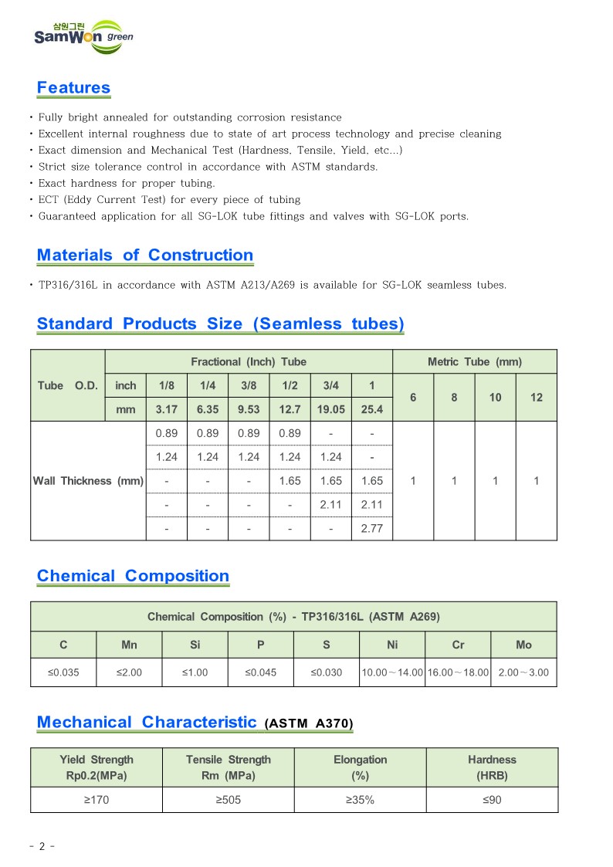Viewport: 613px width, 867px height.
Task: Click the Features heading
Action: pos(73,88)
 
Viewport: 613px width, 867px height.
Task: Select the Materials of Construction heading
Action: pos(145,256)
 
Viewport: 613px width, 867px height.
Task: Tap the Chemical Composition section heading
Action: pos(133,576)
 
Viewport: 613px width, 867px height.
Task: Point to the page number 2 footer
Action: pos(42,846)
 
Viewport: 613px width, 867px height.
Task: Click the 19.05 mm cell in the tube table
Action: pos(330,410)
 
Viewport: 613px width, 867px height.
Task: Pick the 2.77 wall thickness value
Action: pos(371,529)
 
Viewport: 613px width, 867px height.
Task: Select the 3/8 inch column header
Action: pos(249,385)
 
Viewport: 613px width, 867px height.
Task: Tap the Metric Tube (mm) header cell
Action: pos(474,361)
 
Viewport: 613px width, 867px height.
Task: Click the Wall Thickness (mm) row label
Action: pos(88,481)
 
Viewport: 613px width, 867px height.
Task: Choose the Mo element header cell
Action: pos(523,645)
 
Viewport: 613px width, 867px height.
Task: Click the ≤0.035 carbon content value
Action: pos(63,672)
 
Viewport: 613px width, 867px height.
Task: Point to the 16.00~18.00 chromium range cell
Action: pos(458,672)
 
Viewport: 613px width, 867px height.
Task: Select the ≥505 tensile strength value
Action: pos(228,800)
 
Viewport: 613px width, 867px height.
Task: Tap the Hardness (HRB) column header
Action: pos(491,767)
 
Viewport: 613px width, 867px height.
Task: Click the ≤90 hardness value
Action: pos(491,800)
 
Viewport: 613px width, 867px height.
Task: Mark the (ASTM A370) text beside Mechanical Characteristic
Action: pos(309,724)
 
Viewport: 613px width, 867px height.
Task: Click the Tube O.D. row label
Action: pos(67,385)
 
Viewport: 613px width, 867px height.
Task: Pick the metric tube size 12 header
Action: pos(537,397)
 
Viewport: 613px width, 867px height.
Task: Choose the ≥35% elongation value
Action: pos(359,800)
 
